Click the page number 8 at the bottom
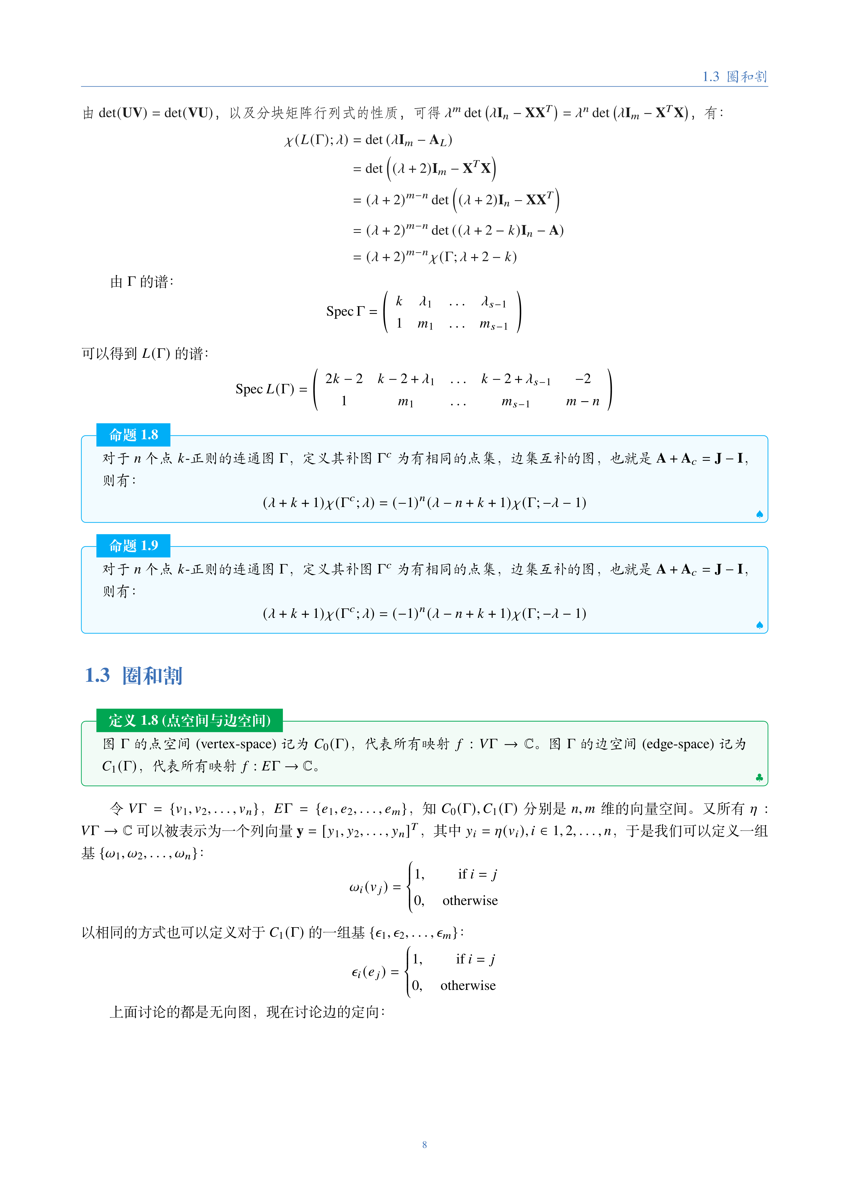coord(424,1145)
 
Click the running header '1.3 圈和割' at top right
coord(734,77)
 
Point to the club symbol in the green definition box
coord(759,778)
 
